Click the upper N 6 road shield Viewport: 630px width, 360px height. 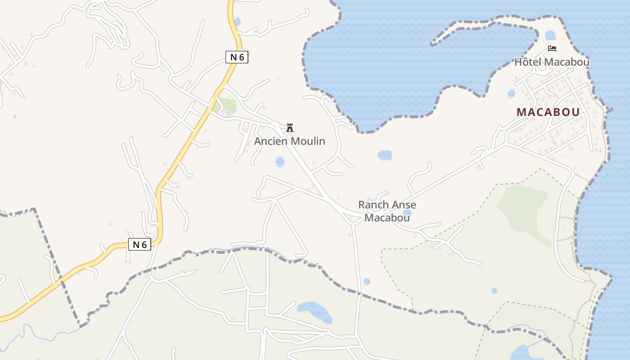pos(237,57)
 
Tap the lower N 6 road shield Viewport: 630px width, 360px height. pos(139,244)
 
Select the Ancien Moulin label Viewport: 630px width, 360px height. pos(289,141)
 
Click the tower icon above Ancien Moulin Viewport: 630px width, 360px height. pos(290,128)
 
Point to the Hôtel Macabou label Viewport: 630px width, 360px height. pos(552,62)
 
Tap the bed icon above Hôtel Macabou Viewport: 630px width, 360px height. pos(552,49)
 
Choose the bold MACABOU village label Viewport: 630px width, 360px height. pos(548,112)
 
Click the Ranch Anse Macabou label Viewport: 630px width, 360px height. pos(387,211)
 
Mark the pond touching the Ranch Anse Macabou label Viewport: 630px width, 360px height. pos(407,213)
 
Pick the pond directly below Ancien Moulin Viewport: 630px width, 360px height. pos(280,162)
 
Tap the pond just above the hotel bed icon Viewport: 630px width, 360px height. pos(550,35)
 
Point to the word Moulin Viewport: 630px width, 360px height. pos(308,141)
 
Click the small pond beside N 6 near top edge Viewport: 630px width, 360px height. pos(237,21)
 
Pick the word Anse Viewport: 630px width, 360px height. pos(402,205)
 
